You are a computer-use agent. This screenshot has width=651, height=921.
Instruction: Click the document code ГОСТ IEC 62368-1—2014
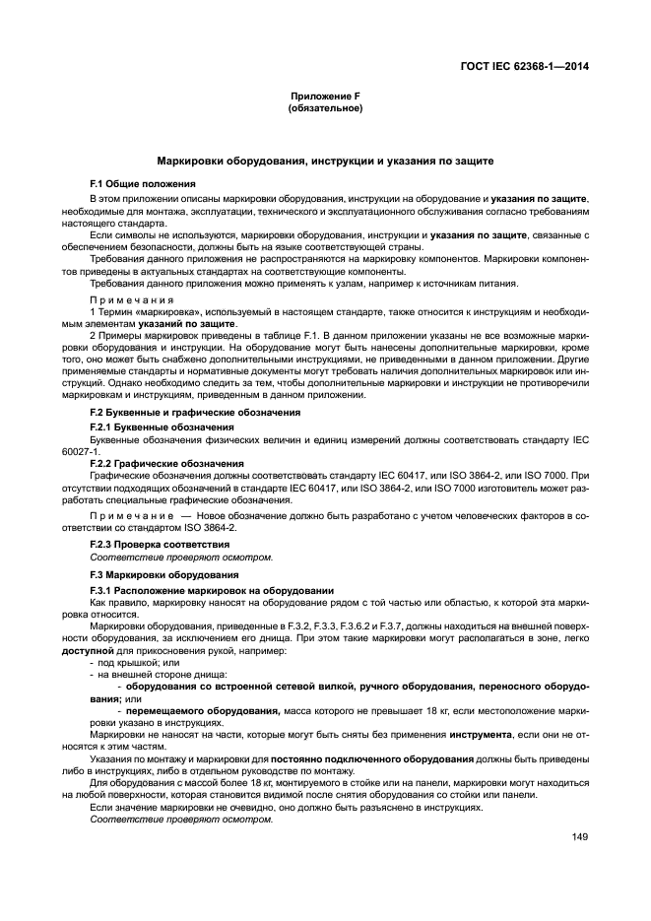532,67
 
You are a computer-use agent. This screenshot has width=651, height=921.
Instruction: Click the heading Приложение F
325,97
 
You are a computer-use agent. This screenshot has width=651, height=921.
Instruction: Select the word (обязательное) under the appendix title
325,107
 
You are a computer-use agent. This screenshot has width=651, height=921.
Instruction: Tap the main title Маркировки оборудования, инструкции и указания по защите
325,161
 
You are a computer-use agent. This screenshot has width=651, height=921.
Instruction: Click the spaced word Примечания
132,300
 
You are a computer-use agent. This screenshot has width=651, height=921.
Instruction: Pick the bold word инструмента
479,734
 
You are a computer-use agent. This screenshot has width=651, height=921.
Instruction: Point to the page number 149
578,837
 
